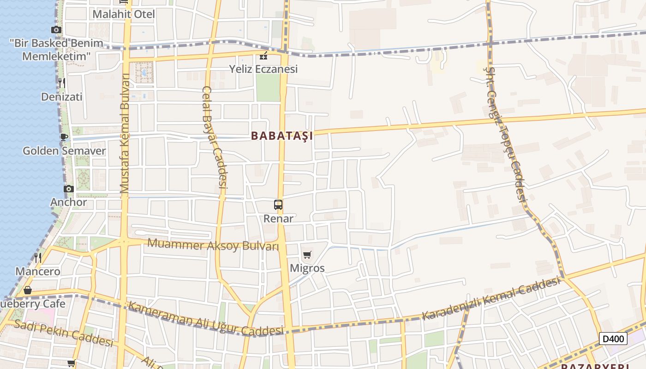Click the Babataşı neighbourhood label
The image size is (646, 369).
coord(282,136)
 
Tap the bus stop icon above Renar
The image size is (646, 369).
coord(278,204)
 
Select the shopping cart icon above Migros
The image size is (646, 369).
coord(307,255)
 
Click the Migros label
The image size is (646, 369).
coord(307,268)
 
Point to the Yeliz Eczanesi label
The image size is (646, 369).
coord(263,69)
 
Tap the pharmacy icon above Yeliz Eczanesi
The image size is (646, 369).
coord(263,56)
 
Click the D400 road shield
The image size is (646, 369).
coord(613,339)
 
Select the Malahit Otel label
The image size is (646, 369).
coord(123,14)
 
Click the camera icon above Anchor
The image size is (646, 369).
coord(68,189)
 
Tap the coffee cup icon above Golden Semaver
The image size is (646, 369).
coord(64,137)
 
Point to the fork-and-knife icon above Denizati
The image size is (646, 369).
coord(61,83)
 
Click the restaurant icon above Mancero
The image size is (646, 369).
coord(38,257)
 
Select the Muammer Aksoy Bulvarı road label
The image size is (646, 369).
coord(213,244)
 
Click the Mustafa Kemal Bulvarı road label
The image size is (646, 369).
coord(125,134)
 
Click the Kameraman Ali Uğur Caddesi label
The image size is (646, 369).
coord(205,318)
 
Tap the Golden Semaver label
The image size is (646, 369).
coord(64,151)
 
